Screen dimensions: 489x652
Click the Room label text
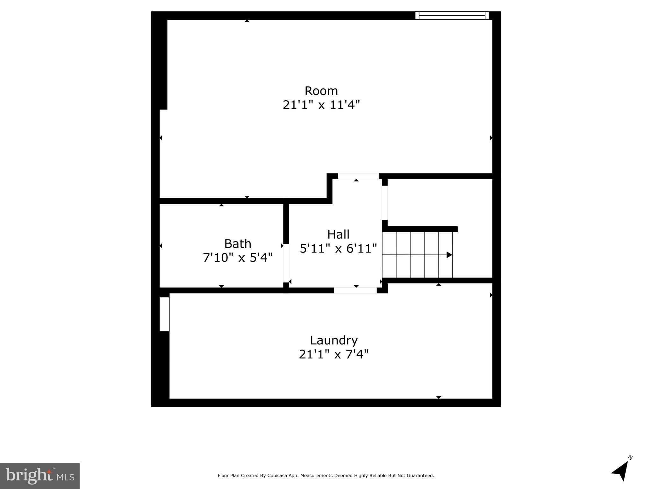click(x=321, y=91)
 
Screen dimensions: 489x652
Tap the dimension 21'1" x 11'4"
click(x=321, y=105)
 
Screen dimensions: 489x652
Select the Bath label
click(x=238, y=244)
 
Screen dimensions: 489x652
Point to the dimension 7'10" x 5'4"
click(x=238, y=258)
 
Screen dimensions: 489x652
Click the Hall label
click(x=338, y=235)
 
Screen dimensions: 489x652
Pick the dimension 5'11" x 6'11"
click(x=338, y=248)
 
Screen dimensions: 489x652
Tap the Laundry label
click(x=334, y=340)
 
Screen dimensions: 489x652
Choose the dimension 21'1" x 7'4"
click(x=334, y=354)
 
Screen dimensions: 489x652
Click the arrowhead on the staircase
click(x=449, y=255)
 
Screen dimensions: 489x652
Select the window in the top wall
click(x=452, y=15)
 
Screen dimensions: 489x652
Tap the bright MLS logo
click(x=40, y=476)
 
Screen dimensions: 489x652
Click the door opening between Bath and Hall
click(x=286, y=263)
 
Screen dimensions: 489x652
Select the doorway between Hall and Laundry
click(x=355, y=290)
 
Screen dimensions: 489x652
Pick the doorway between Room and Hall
click(x=358, y=176)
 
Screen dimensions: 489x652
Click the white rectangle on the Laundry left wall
click(x=164, y=314)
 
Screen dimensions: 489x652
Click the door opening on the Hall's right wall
click(x=385, y=202)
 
